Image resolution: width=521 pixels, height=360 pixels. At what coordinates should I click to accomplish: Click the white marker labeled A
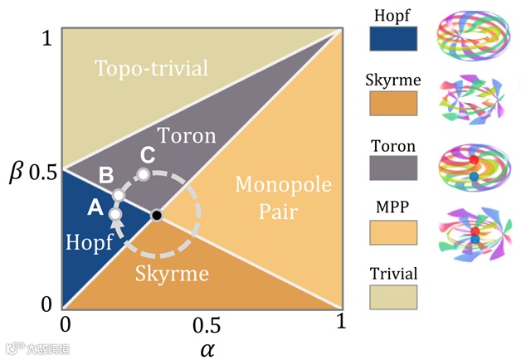click(x=115, y=214)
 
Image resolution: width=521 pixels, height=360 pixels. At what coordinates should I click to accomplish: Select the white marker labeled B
click(x=118, y=195)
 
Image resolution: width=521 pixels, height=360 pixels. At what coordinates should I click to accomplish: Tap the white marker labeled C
click(x=144, y=174)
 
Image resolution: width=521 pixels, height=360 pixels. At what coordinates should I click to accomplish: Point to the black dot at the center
click(x=156, y=215)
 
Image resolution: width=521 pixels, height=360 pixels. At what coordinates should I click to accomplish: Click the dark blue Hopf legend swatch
click(x=392, y=38)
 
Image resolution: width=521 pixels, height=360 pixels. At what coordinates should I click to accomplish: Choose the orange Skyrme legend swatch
click(x=392, y=102)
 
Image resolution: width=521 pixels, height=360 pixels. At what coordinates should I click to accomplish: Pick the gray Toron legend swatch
click(x=392, y=168)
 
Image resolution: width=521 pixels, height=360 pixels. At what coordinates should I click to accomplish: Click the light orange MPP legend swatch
click(x=392, y=231)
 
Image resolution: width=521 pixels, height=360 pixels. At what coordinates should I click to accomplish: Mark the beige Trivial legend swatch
click(x=392, y=297)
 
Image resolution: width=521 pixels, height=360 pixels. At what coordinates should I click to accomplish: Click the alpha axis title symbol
click(x=207, y=348)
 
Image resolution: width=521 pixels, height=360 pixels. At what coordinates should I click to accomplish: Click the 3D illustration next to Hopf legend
click(x=472, y=37)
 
